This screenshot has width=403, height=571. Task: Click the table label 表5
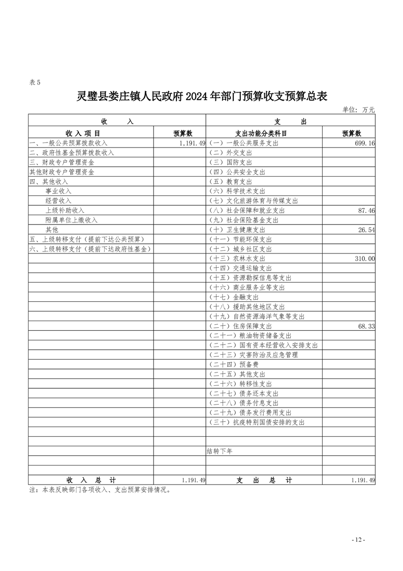[35, 82]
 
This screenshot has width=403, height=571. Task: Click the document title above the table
[201, 96]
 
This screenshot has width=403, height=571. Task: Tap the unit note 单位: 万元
[358, 109]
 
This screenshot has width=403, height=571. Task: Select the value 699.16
[364, 144]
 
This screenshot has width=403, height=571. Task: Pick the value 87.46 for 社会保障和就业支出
[366, 210]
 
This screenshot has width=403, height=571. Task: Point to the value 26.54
[366, 230]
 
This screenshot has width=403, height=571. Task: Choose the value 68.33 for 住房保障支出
[366, 326]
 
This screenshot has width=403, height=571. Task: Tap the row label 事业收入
[58, 191]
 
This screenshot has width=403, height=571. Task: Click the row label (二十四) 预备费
[234, 364]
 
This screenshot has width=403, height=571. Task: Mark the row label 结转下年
[220, 451]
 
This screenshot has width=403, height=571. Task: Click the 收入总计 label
[91, 480]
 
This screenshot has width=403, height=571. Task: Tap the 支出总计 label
[264, 480]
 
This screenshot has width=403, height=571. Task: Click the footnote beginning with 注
[100, 491]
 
